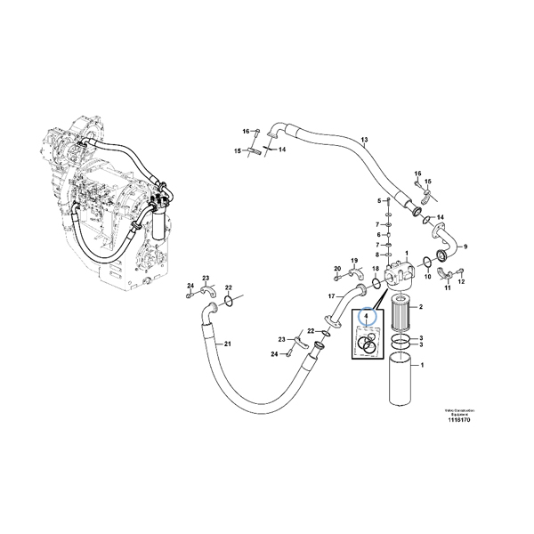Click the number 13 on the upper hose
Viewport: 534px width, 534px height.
pyautogui.click(x=363, y=140)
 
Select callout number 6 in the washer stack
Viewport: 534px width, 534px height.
pyautogui.click(x=378, y=233)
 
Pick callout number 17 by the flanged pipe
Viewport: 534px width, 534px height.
pyautogui.click(x=330, y=295)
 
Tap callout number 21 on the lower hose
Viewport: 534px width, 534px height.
pyautogui.click(x=227, y=344)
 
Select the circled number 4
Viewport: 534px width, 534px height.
pyautogui.click(x=363, y=315)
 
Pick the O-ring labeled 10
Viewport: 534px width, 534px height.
pyautogui.click(x=428, y=261)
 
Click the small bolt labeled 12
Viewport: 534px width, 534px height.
pyautogui.click(x=460, y=271)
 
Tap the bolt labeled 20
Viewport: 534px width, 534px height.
pyautogui.click(x=338, y=279)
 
